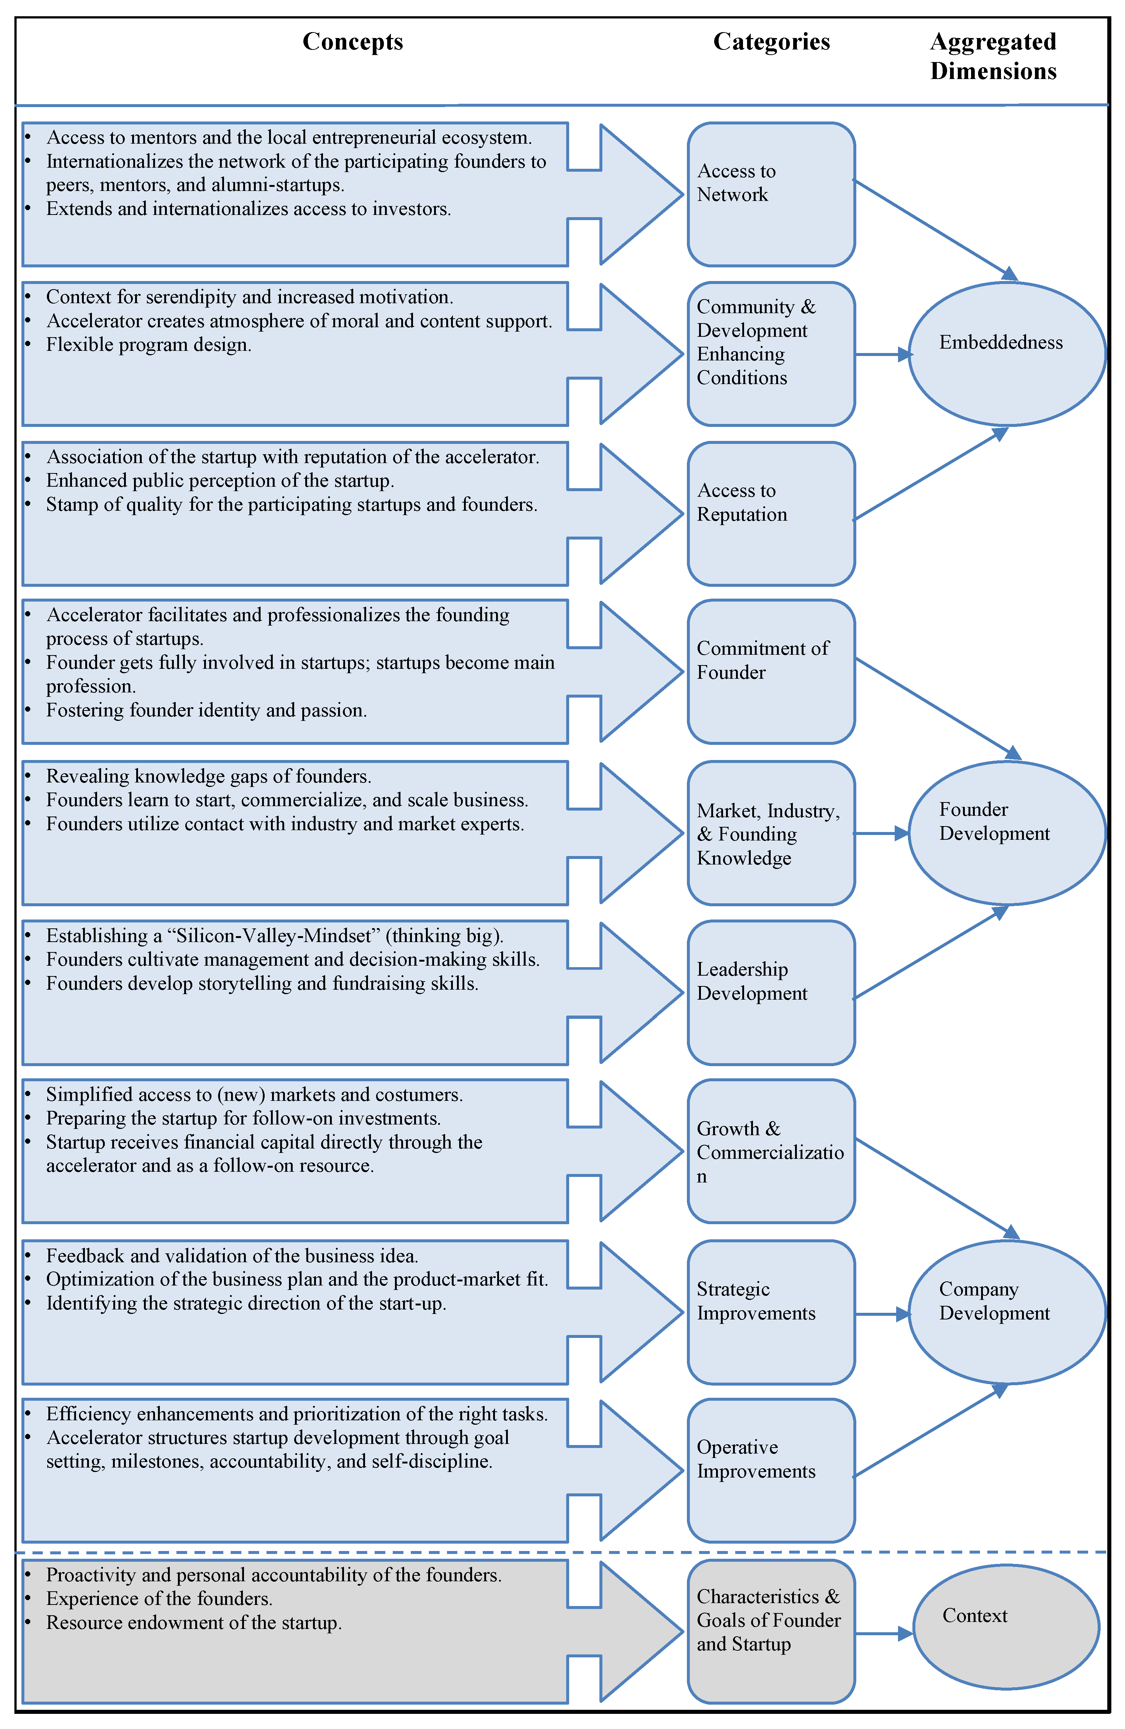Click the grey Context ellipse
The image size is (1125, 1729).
click(x=1006, y=1627)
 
